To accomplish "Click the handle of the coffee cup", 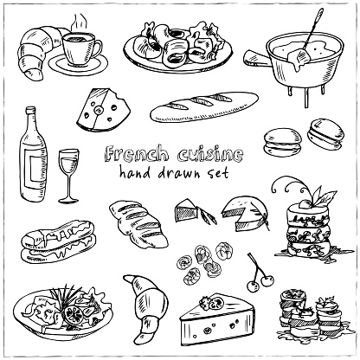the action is [98, 49].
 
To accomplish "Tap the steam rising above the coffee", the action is [78, 22].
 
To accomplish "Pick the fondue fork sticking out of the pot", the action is [311, 32].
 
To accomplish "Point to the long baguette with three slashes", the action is [204, 106].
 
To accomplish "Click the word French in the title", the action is [136, 154].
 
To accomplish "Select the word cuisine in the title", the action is [210, 154].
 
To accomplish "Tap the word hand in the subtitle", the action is [135, 172].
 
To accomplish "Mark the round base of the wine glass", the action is [68, 200].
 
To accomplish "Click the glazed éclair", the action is [59, 241].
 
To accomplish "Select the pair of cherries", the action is [260, 273].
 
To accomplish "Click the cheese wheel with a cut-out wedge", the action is [245, 213].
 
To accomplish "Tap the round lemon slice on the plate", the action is [74, 314].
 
